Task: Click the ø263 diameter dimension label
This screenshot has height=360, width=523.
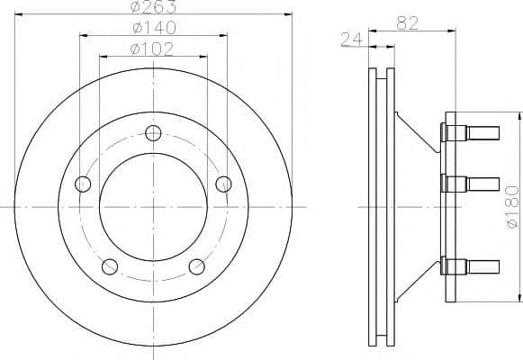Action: click(153, 6)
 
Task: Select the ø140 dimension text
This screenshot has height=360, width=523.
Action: click(154, 28)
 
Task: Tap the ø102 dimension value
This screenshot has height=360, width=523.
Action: click(152, 49)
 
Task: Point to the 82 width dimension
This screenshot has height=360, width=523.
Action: click(407, 23)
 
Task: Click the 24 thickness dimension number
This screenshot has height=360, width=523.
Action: click(352, 40)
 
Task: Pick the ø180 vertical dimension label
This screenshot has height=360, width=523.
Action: click(513, 207)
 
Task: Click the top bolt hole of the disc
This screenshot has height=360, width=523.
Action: click(153, 133)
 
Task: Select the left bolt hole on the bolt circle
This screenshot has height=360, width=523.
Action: click(83, 184)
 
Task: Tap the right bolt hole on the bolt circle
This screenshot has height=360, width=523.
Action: click(223, 184)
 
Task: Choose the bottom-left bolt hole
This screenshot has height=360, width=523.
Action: click(110, 266)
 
